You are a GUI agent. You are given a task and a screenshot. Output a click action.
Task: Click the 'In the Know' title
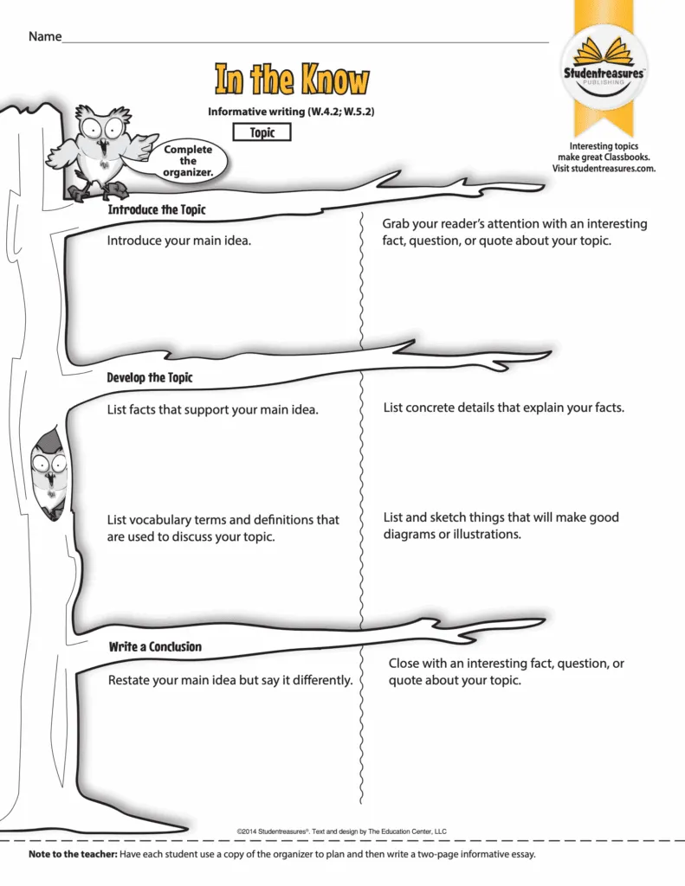point(291,80)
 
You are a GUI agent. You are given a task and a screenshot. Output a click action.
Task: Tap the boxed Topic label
point(262,132)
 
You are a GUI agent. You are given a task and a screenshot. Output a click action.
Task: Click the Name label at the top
point(45,36)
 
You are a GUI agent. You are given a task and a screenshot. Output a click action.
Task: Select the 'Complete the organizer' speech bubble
point(188,161)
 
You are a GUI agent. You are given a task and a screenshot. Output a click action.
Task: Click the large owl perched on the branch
point(96,147)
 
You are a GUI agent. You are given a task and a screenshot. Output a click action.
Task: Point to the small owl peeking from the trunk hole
point(48,472)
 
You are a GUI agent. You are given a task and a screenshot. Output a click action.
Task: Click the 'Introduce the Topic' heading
point(157,210)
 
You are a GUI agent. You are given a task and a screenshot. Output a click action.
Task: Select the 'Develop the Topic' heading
point(150,378)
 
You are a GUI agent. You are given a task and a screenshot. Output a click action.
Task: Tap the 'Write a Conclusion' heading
point(155,647)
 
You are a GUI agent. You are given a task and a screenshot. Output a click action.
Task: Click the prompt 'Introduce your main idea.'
point(178,241)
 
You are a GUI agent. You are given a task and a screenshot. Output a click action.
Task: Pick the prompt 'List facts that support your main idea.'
point(212,409)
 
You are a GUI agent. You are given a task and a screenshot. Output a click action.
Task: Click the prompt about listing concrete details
point(503,407)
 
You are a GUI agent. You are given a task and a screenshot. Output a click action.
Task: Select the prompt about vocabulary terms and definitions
point(223,529)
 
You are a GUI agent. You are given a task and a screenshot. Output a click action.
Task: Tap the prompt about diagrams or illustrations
point(501,526)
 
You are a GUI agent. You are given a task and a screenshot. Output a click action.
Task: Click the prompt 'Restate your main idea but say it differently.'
point(229,680)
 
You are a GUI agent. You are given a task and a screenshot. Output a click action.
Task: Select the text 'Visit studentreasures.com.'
point(604,169)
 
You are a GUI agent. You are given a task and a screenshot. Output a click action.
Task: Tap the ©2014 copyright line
point(341,831)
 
